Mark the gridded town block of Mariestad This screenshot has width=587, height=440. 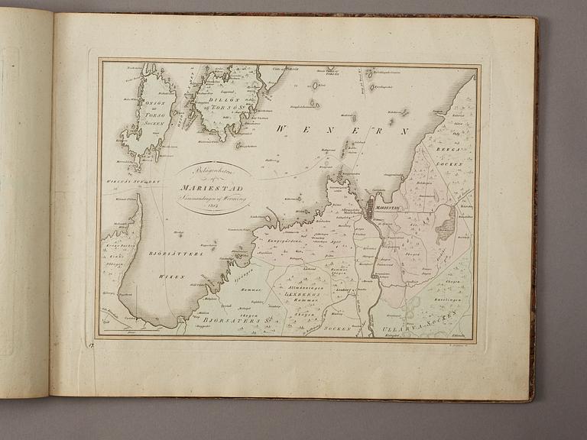tap(372, 208)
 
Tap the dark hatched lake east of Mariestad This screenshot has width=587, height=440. tap(444, 223)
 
